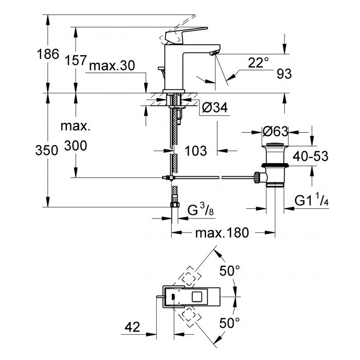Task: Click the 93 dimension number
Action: click(283, 74)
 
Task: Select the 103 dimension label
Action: click(195, 151)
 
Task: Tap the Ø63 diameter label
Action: click(276, 132)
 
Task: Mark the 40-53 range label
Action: click(311, 156)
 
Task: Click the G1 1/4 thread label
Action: click(312, 201)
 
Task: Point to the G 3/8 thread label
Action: click(199, 211)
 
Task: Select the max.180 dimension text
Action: click(222, 232)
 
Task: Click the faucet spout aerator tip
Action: click(214, 53)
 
